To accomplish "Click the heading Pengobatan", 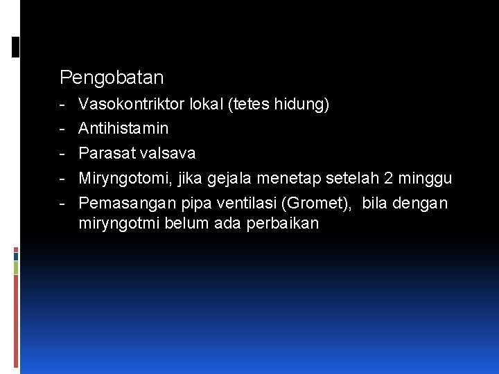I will pyautogui.click(x=112, y=77).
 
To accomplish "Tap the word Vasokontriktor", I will pyautogui.click(x=130, y=104).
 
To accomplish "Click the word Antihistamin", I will pyautogui.click(x=123, y=128).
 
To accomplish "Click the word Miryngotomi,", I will pyautogui.click(x=125, y=178).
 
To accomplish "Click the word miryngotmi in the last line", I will pyautogui.click(x=119, y=224).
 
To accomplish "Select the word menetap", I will pyautogui.click(x=283, y=178).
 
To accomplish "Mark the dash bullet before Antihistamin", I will pyautogui.click(x=62, y=128).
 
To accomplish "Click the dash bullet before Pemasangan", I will pyautogui.click(x=62, y=203).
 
